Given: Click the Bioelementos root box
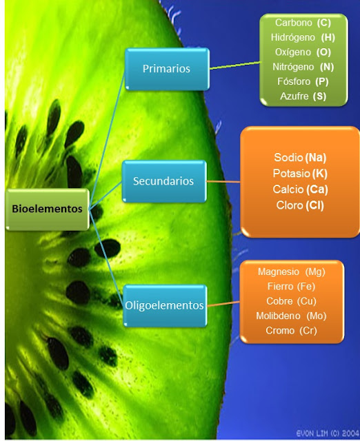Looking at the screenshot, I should tap(47, 208).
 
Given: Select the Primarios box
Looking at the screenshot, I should tap(166, 69).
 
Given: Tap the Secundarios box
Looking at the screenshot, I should tap(163, 182).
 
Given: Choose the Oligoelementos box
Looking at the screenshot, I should tap(164, 305).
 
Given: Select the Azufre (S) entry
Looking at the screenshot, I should tap(303, 96).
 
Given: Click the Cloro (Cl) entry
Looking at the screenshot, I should tap(301, 205).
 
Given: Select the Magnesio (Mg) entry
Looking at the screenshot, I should tap(291, 271).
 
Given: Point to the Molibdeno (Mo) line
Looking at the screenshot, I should tap(291, 316).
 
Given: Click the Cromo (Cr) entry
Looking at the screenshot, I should tap(291, 331).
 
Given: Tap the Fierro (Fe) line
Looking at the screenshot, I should tap(291, 286).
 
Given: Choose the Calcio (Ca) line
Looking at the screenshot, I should tap(301, 189).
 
